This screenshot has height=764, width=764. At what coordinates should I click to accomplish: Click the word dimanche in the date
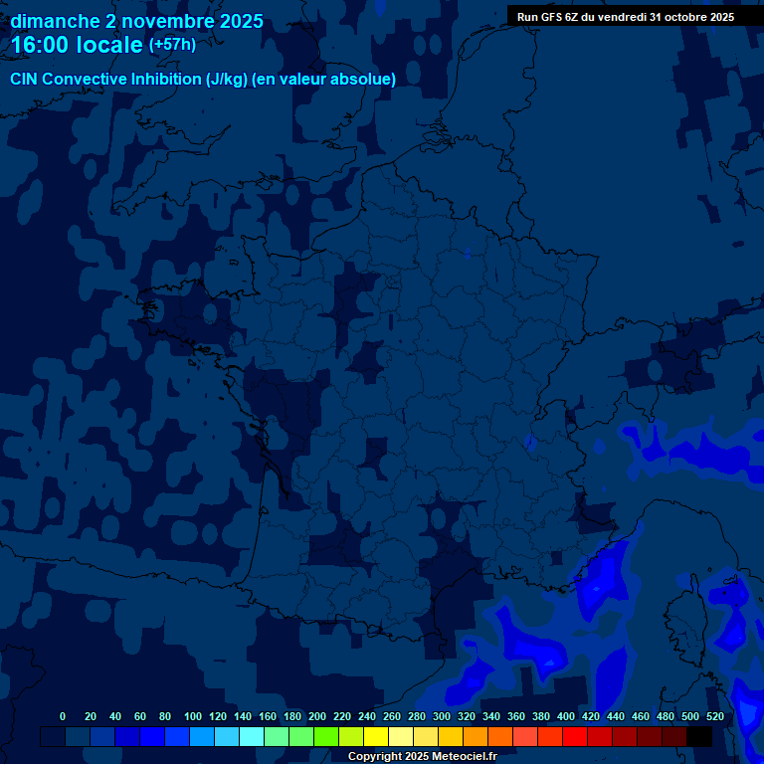(55, 21)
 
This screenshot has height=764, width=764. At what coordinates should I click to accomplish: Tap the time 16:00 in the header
(41, 45)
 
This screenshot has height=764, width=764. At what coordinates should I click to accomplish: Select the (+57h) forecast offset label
(172, 45)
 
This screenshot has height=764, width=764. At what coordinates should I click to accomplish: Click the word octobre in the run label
(687, 17)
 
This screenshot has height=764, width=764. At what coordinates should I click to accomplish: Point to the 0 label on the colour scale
(63, 717)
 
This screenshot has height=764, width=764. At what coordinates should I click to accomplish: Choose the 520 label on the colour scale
(714, 717)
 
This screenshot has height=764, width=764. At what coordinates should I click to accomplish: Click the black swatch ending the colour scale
(699, 737)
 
